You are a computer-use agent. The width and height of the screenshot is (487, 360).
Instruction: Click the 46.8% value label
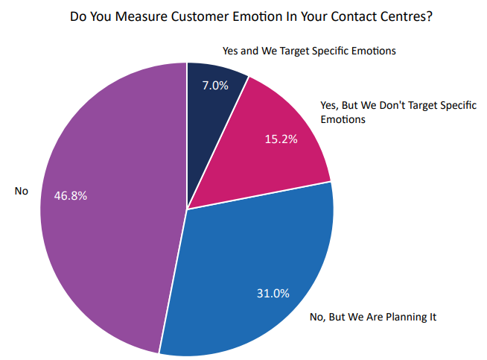click(71, 196)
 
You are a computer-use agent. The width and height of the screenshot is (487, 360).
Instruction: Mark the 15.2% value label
click(282, 139)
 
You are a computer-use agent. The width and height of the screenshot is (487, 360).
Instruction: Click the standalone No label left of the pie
click(21, 192)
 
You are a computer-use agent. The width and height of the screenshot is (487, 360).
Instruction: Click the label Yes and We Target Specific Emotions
click(309, 51)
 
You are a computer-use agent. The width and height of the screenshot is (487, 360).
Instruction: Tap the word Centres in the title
click(407, 16)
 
